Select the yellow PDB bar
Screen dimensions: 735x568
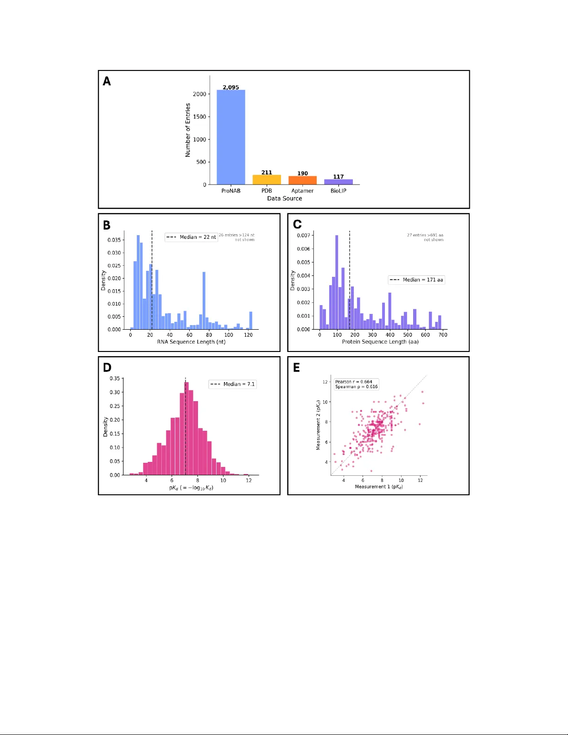click(267, 179)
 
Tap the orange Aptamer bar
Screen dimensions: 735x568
click(302, 180)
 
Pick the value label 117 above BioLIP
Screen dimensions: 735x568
click(338, 177)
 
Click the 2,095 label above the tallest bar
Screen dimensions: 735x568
click(231, 87)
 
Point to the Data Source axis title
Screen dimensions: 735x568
click(284, 198)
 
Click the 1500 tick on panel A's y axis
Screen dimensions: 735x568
click(200, 117)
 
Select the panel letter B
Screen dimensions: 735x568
click(107, 225)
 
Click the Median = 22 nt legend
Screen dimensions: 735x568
click(191, 237)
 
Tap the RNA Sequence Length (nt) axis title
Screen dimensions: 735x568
click(191, 342)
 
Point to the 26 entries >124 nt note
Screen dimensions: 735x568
click(236, 235)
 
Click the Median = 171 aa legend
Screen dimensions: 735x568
click(416, 280)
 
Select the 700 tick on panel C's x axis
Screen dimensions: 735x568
click(443, 335)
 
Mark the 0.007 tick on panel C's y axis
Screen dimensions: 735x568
click(303, 236)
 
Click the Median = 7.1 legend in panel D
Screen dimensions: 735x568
click(232, 384)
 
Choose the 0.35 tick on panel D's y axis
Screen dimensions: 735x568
click(115, 379)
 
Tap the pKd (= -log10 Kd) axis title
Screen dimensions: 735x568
click(191, 488)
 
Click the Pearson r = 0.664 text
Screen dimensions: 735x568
click(353, 382)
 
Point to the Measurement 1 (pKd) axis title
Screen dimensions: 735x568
click(378, 487)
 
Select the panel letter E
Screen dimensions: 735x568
click(297, 368)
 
